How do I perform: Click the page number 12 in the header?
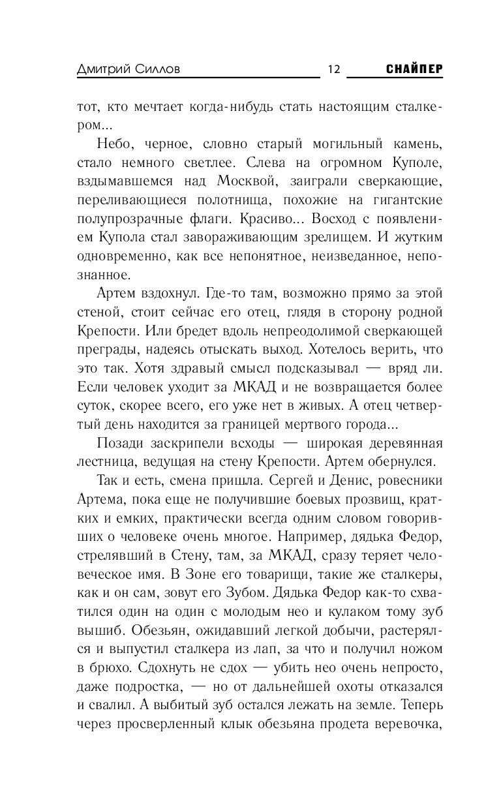coord(333,70)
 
